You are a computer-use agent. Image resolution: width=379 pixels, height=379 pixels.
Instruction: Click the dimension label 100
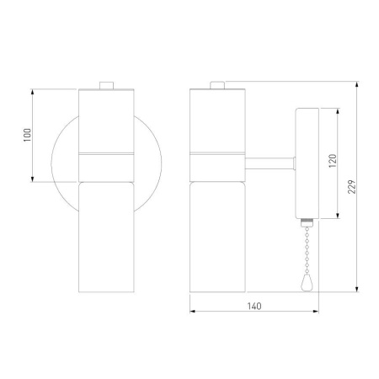(x=27, y=135)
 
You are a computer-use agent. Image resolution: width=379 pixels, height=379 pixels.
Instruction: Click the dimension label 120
(x=333, y=161)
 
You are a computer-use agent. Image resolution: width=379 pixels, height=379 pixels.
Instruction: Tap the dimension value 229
(x=351, y=187)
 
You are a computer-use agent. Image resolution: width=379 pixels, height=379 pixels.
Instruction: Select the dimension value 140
(x=254, y=306)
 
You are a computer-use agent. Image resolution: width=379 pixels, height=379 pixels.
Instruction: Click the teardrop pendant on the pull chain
(x=307, y=282)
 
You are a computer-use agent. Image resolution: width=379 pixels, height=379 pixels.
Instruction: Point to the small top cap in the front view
(x=106, y=85)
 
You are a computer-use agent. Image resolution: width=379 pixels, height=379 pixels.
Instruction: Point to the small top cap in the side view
(x=217, y=85)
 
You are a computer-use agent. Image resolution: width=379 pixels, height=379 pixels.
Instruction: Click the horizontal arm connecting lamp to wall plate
(x=270, y=163)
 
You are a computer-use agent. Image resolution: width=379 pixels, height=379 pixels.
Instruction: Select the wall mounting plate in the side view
(x=307, y=163)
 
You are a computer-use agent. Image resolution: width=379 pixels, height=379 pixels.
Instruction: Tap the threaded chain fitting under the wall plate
(x=307, y=223)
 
